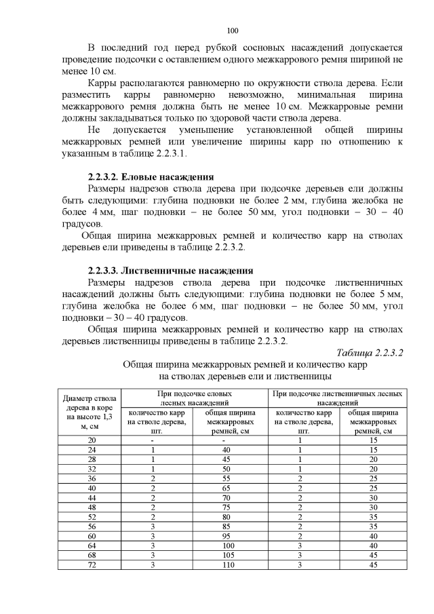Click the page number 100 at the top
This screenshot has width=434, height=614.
tap(233, 31)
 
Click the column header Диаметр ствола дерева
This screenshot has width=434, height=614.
tap(90, 412)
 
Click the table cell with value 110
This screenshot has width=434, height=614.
tap(227, 583)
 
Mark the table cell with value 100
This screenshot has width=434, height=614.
tap(227, 564)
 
